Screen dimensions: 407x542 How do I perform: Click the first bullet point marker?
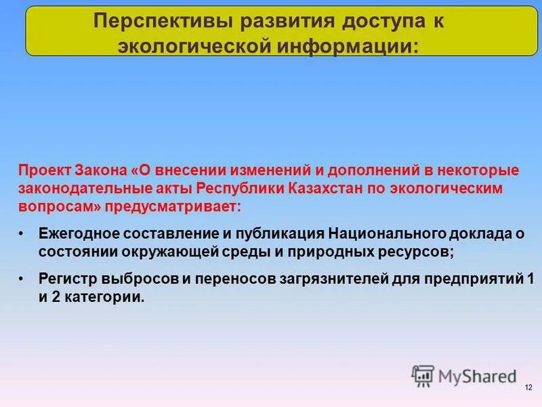point(22,233)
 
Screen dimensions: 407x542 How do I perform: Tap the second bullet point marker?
point(22,278)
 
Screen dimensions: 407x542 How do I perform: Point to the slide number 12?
point(528,387)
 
